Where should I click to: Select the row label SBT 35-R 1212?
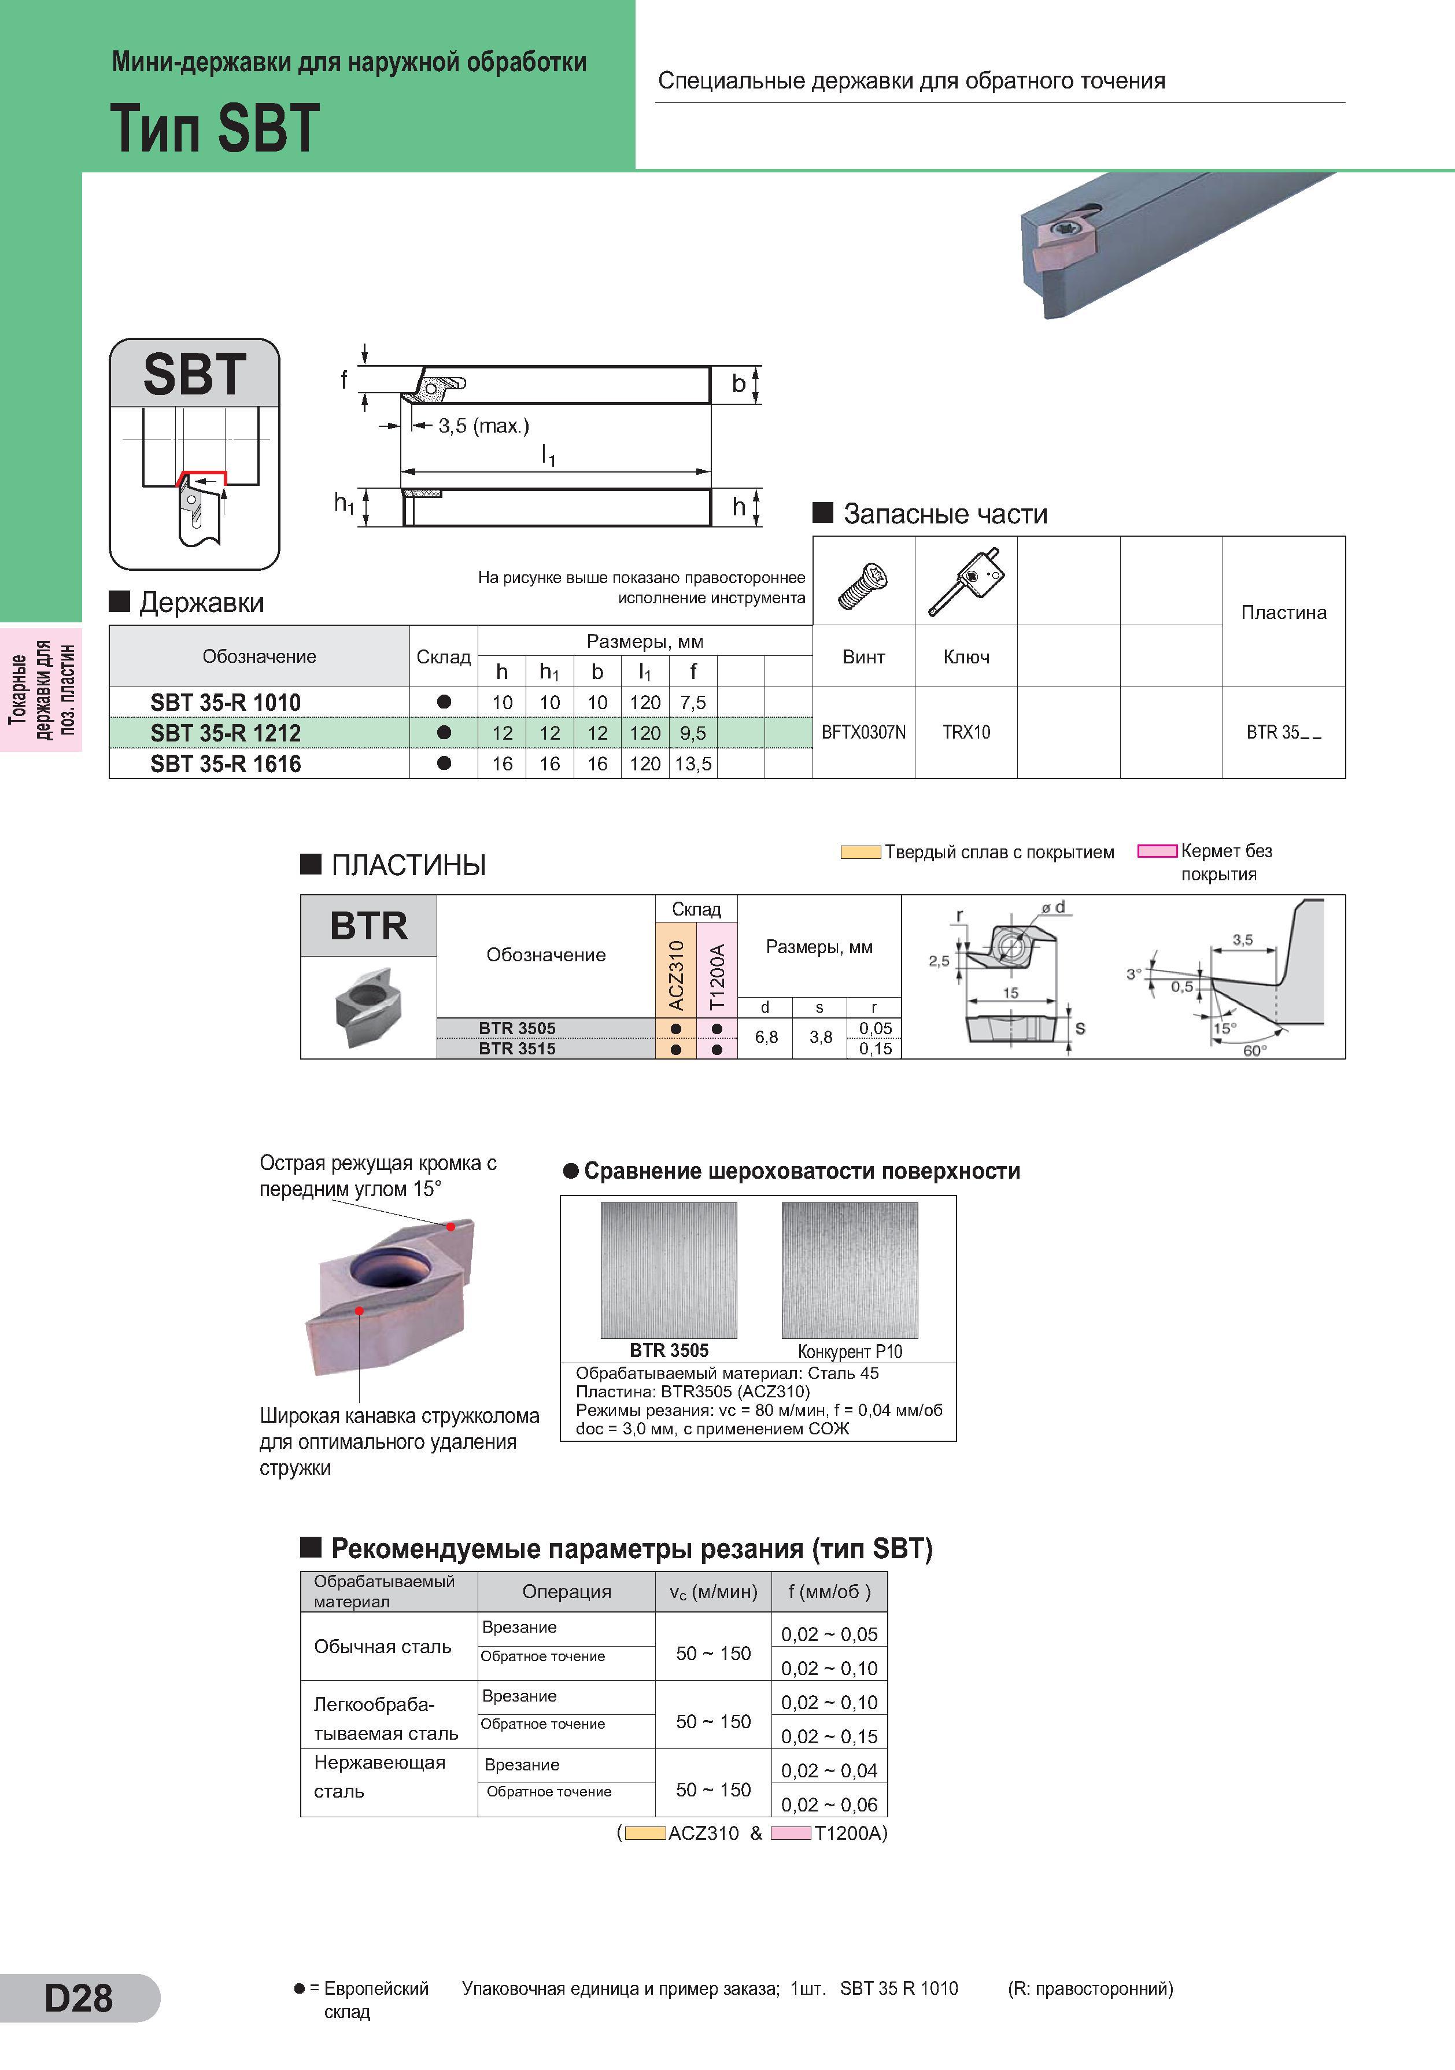click(x=226, y=733)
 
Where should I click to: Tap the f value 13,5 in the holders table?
click(x=693, y=763)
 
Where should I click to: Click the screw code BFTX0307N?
click(x=863, y=732)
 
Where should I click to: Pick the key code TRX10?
click(x=966, y=732)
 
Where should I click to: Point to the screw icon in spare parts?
click(x=863, y=584)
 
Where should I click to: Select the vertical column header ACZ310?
click(x=676, y=975)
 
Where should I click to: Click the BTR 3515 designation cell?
click(x=518, y=1049)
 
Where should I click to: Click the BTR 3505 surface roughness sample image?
click(x=669, y=1270)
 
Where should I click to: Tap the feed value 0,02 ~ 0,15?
click(x=829, y=1736)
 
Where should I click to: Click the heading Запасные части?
click(x=946, y=514)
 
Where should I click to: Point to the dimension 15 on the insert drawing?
click(x=1010, y=992)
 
